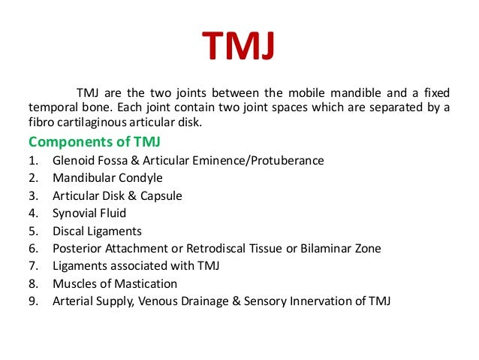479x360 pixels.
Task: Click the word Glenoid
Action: click(73, 161)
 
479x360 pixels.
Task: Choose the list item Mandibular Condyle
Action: click(107, 178)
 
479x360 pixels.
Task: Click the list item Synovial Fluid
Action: click(89, 213)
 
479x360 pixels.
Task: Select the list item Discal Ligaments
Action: click(97, 231)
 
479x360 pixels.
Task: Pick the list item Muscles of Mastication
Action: click(115, 284)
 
